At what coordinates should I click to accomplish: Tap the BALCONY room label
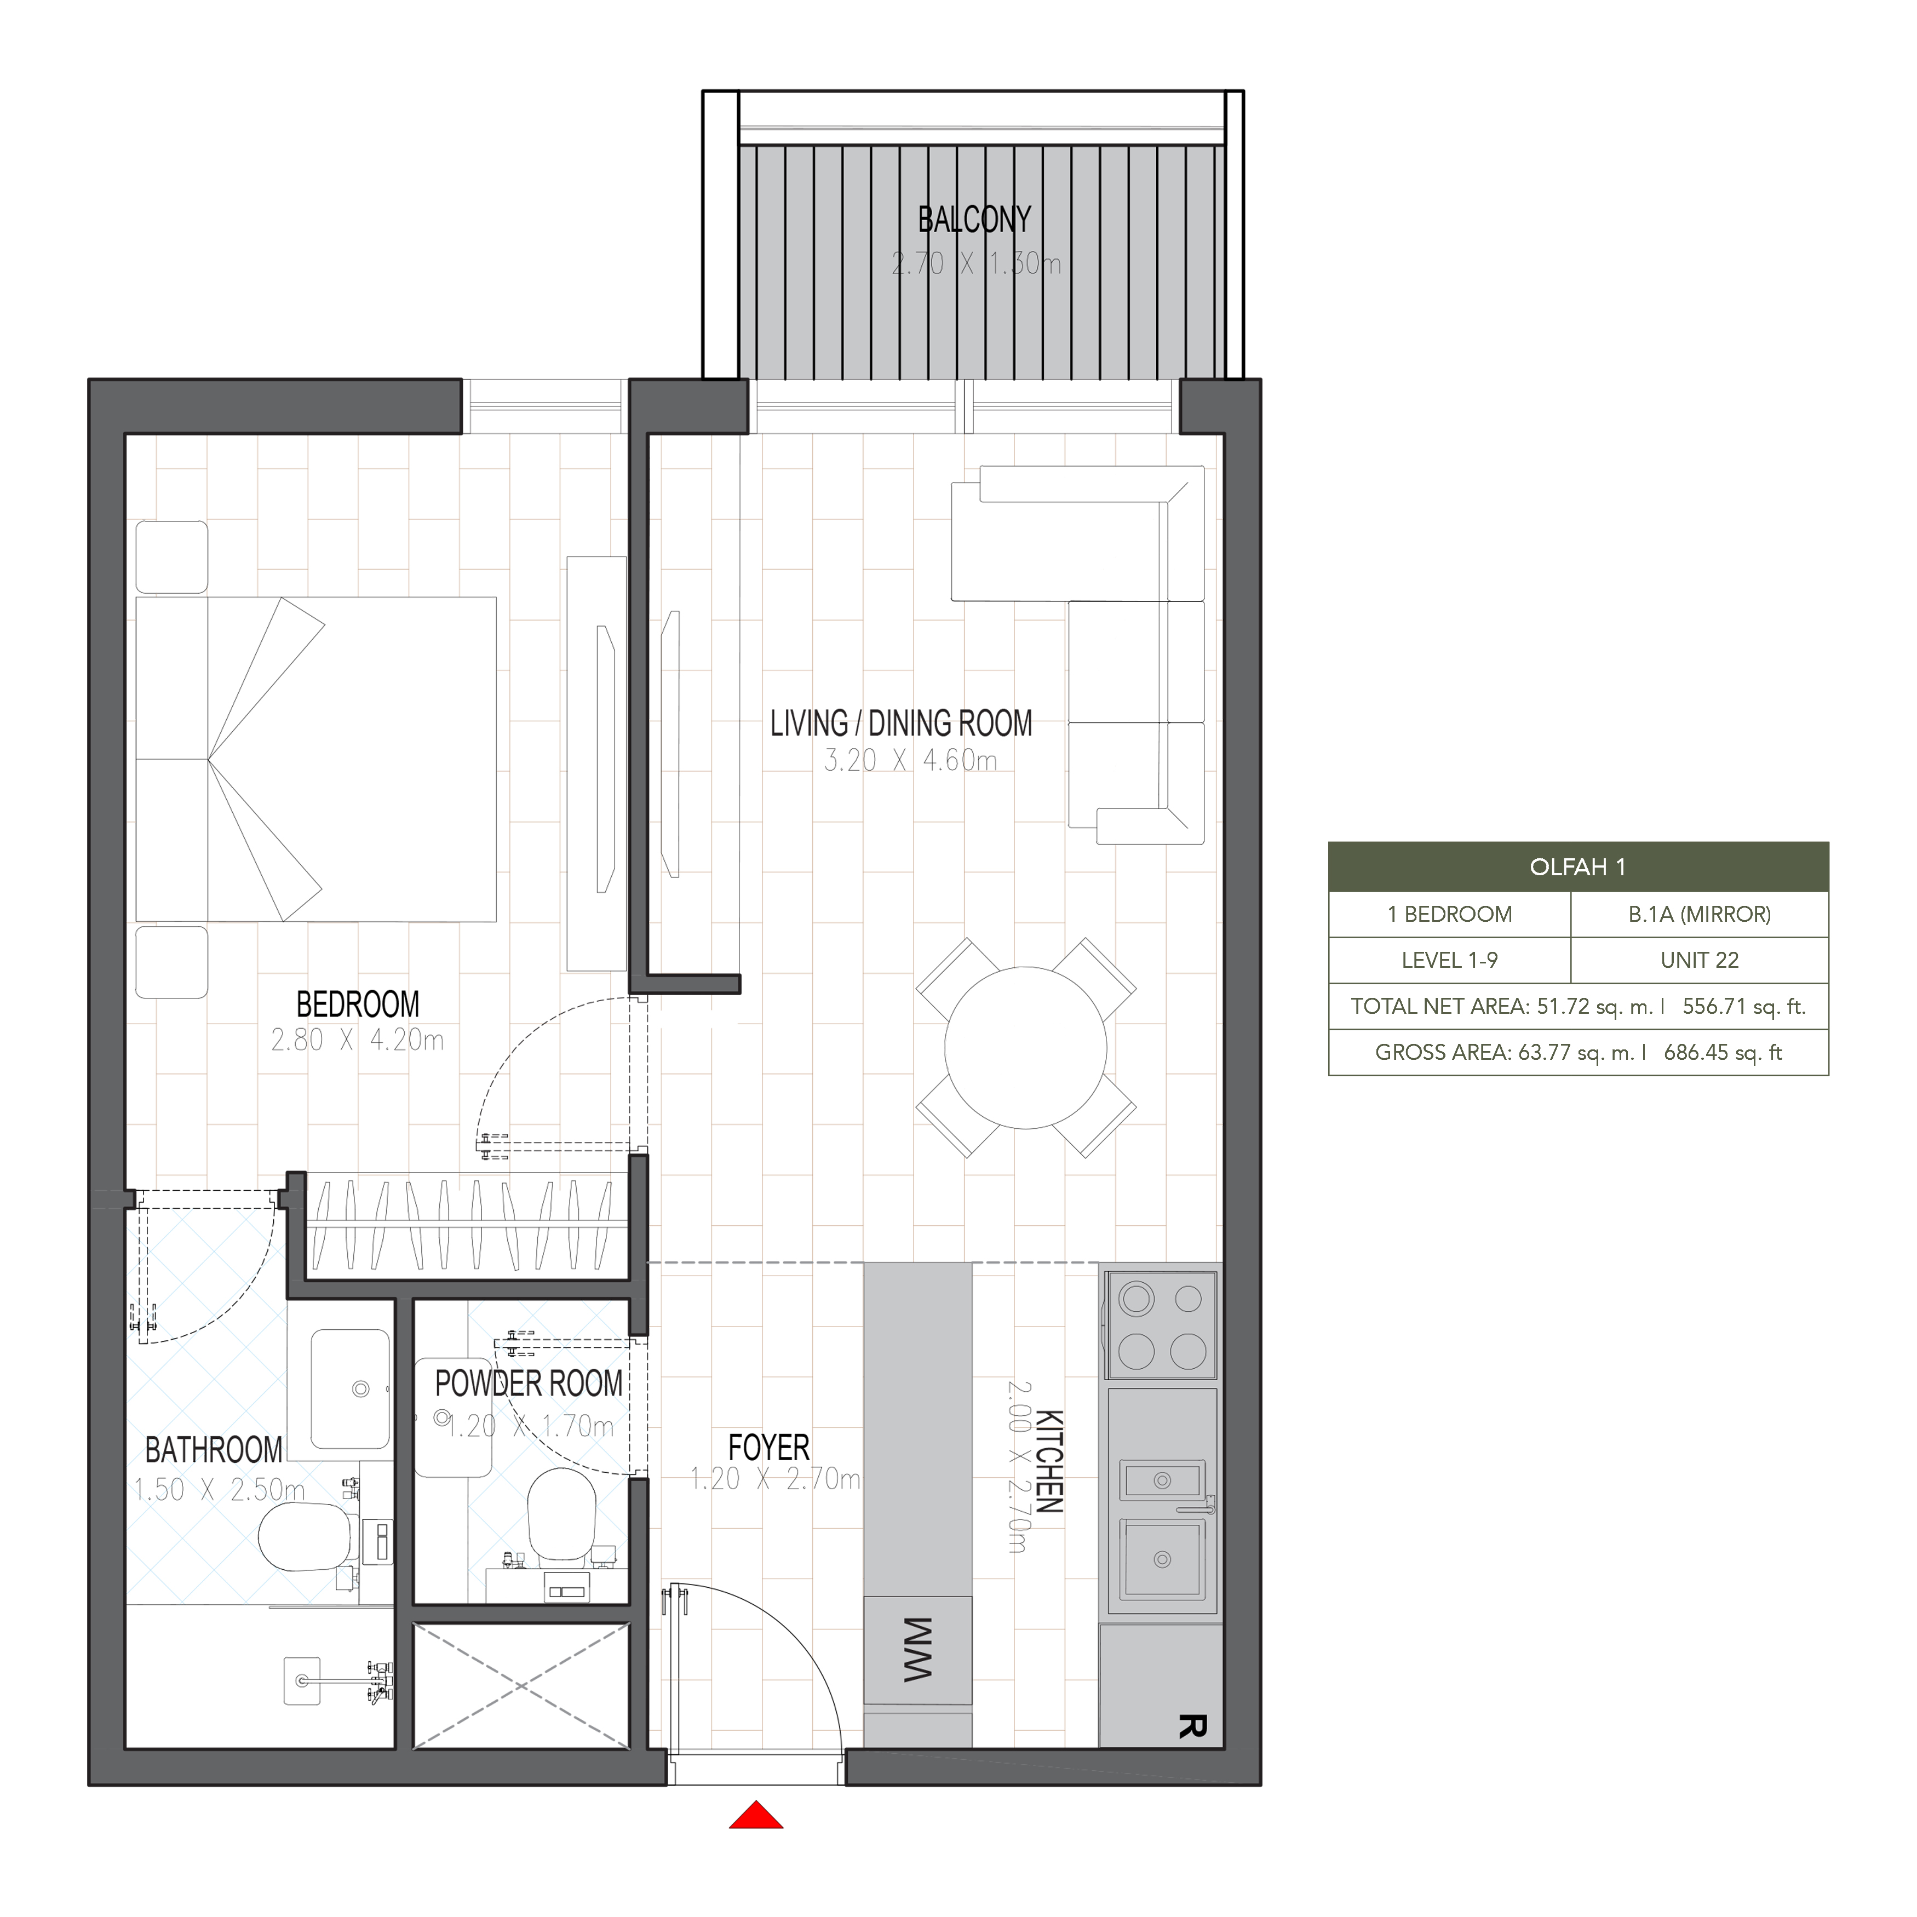tap(974, 219)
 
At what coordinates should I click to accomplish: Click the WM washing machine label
tap(918, 1649)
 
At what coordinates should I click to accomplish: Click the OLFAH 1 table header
tap(1577, 867)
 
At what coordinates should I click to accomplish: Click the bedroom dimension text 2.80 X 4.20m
tap(357, 1040)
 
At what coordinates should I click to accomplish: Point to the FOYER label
tap(769, 1447)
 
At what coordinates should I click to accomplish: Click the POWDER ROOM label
tap(529, 1383)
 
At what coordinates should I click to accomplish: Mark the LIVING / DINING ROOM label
tap(901, 724)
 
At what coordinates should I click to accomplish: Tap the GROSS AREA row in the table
tap(1577, 1053)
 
